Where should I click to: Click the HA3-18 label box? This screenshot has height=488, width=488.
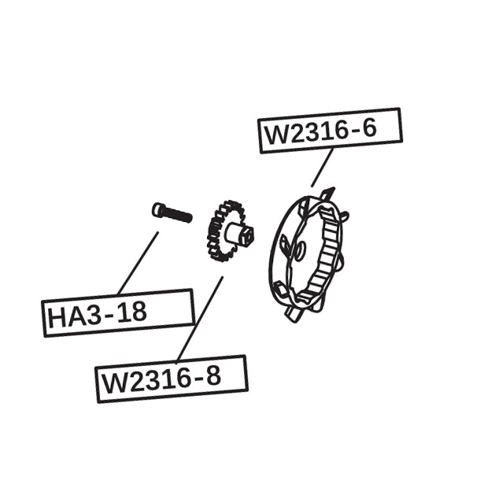118,312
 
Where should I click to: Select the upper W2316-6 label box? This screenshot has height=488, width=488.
330,130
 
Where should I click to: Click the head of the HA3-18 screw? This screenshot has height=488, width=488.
159,209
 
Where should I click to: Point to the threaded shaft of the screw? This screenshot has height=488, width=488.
180,214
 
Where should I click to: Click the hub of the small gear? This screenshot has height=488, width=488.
240,233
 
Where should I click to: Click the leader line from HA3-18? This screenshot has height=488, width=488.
138,263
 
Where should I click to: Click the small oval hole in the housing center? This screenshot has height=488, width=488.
301,250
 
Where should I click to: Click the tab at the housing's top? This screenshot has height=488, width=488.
329,194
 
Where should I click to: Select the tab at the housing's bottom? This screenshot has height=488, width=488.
294,313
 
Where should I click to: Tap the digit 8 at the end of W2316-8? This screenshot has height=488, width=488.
212,377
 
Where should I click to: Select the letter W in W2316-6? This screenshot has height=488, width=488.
278,135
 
